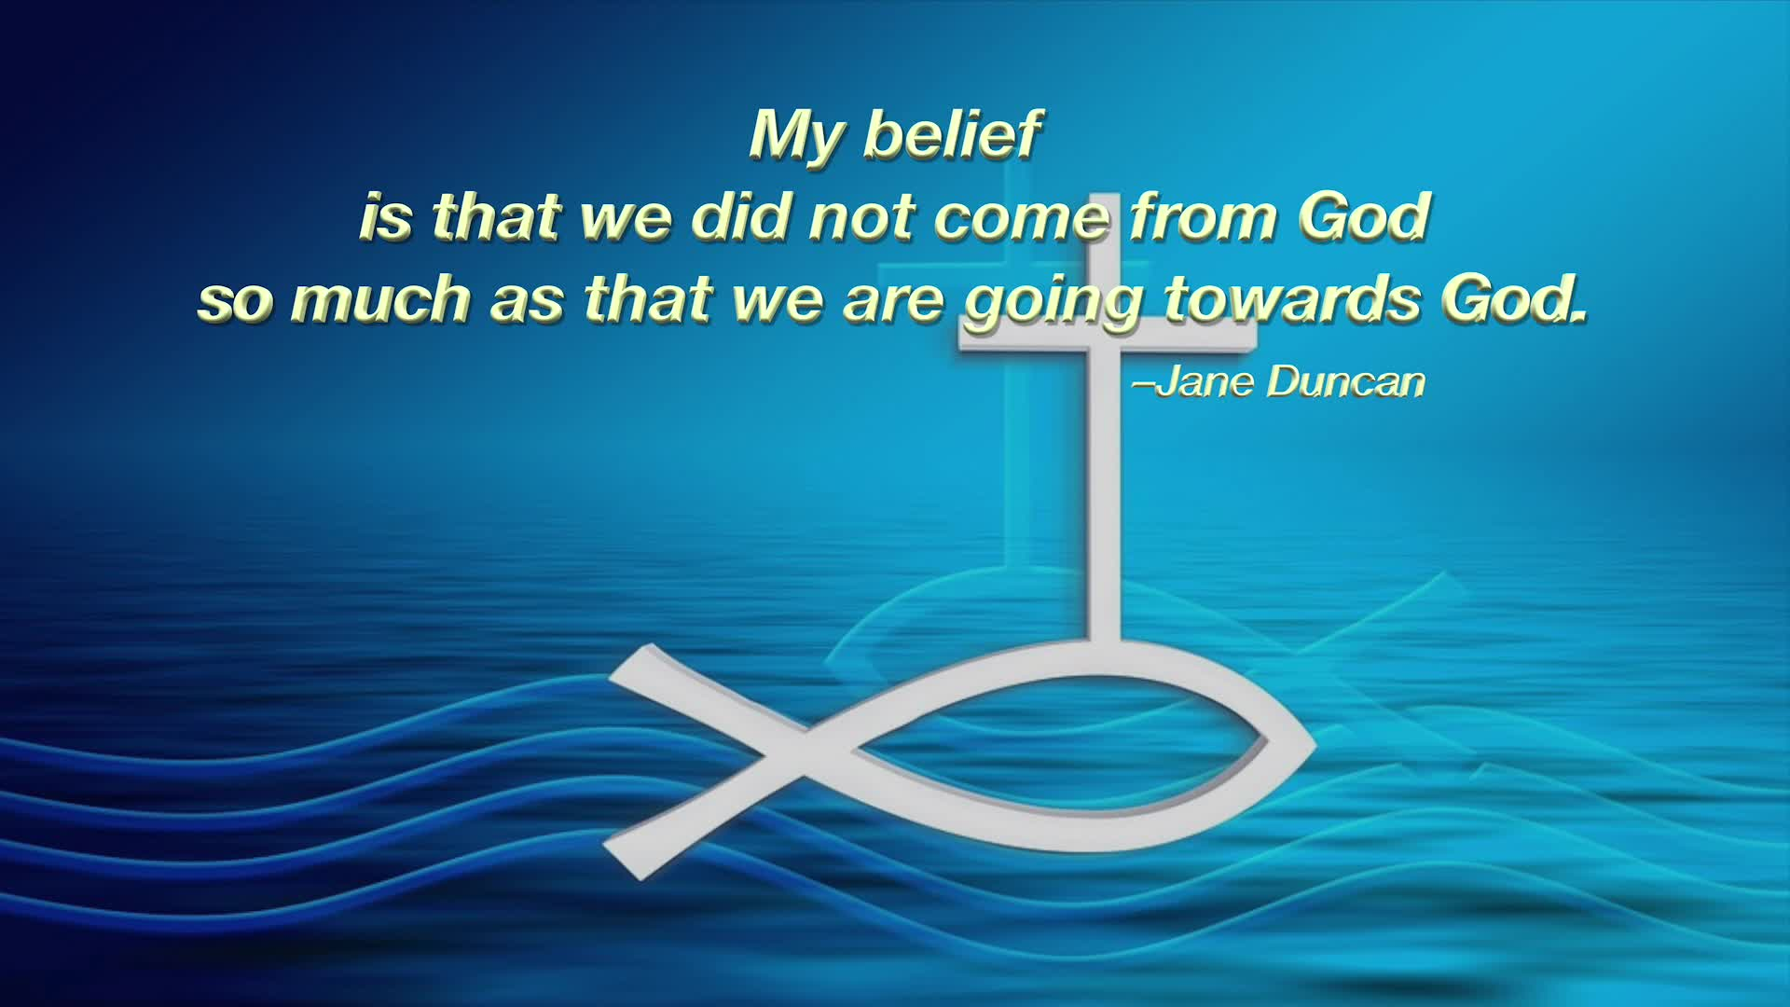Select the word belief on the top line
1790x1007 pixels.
click(x=952, y=134)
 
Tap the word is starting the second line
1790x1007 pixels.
click(x=385, y=217)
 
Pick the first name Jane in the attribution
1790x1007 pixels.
click(x=1203, y=382)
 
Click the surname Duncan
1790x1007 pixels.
click(x=1346, y=382)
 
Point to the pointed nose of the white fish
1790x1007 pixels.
click(x=1314, y=746)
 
